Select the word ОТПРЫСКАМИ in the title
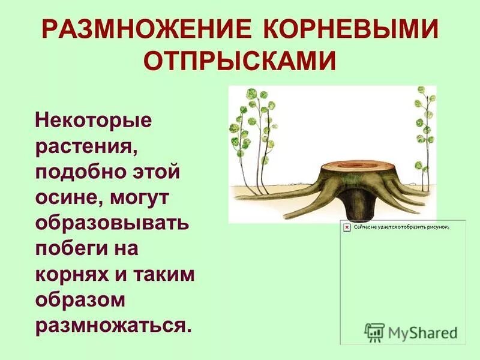(x=239, y=62)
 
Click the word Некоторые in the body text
(x=94, y=121)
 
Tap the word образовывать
(x=113, y=225)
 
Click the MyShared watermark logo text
(x=422, y=332)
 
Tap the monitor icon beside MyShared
(x=374, y=332)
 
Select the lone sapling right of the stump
(x=425, y=132)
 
